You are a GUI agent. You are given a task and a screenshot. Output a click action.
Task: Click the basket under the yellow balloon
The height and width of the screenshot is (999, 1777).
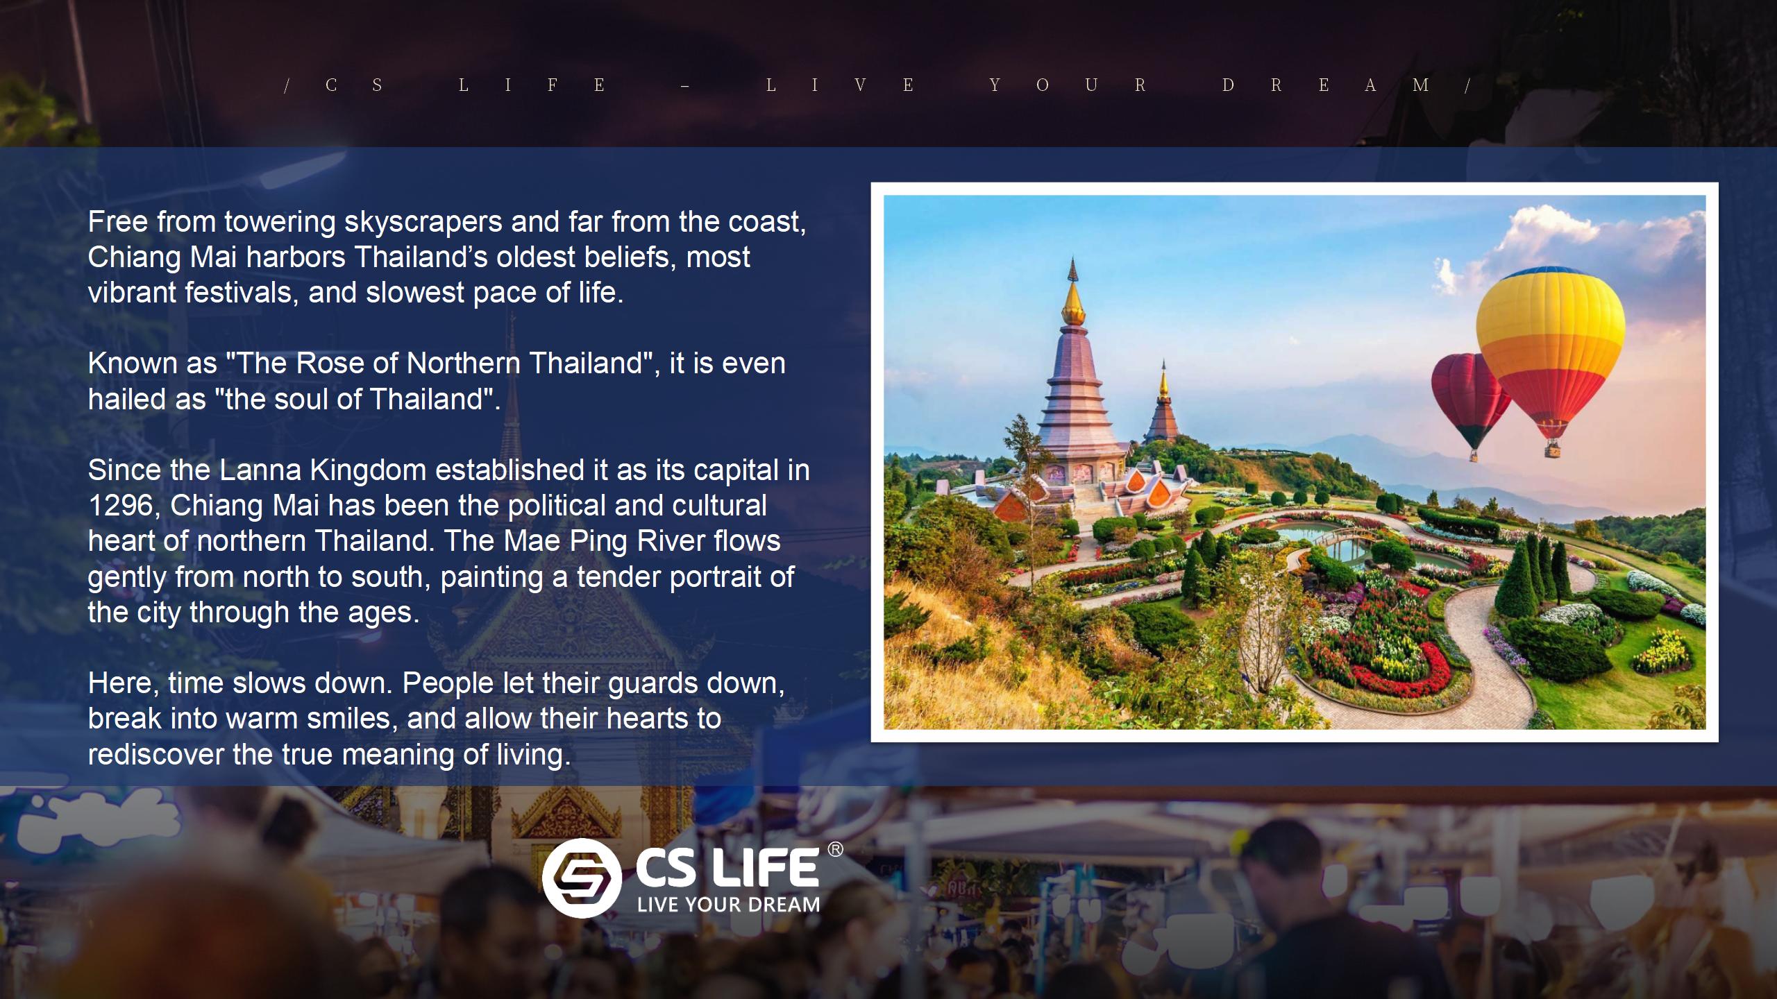(1552, 450)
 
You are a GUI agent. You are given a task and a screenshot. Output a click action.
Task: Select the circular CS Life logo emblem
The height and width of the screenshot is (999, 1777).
(582, 878)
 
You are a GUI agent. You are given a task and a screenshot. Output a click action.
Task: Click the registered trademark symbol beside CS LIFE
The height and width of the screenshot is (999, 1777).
(836, 850)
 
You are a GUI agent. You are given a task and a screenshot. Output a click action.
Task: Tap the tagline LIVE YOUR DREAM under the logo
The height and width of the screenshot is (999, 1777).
(728, 905)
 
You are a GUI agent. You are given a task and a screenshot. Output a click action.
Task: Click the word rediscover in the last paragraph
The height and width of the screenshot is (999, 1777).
(156, 755)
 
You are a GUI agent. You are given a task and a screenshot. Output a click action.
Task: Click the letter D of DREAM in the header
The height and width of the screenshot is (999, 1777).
(1228, 85)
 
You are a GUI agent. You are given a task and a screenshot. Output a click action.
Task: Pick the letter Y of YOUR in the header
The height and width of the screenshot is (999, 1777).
(995, 85)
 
